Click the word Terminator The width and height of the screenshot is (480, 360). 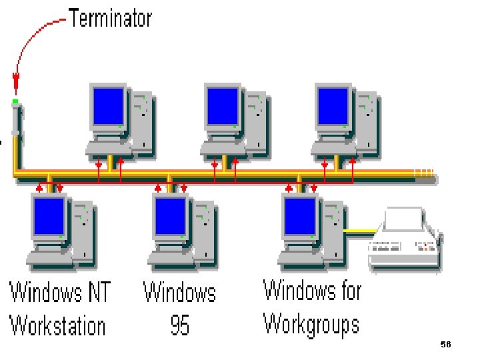(x=111, y=19)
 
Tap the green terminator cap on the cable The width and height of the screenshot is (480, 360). (x=15, y=102)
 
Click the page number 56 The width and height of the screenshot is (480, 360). (x=446, y=344)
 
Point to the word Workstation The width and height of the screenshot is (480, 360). (x=57, y=326)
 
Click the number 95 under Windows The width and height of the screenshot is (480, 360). (x=179, y=326)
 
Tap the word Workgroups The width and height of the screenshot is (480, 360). (x=311, y=325)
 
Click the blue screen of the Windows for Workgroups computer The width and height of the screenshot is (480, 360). (x=299, y=215)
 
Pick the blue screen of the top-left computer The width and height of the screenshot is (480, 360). (x=108, y=107)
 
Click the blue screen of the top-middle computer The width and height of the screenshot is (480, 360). (x=222, y=107)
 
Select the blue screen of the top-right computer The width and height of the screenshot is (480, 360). (x=333, y=107)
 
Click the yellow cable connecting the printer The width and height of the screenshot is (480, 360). (x=360, y=231)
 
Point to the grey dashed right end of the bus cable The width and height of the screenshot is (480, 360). (x=425, y=175)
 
